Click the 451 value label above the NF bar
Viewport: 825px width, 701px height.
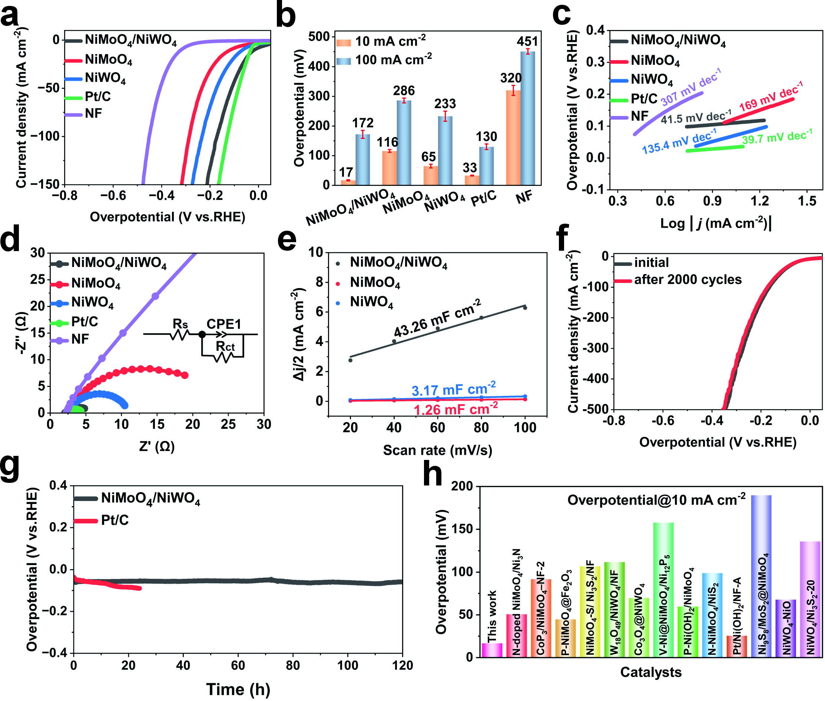click(527, 41)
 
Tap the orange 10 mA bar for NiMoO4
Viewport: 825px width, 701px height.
click(389, 168)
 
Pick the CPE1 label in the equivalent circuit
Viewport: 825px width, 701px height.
click(224, 324)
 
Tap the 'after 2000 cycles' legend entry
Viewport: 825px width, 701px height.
click(688, 280)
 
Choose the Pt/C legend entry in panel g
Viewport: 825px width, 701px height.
click(115, 520)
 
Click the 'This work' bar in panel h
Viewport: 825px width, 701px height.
click(492, 649)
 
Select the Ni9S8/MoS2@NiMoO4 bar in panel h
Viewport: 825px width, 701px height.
click(761, 576)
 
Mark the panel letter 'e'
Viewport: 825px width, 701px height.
click(287, 240)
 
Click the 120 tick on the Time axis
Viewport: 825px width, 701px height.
click(402, 665)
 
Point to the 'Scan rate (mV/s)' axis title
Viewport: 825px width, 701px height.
click(437, 450)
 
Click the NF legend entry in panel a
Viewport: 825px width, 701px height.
click(93, 114)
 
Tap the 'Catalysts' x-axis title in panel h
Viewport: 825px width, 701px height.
click(650, 672)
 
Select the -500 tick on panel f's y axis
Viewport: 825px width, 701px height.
click(596, 409)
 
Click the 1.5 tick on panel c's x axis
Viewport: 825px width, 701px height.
click(807, 201)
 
